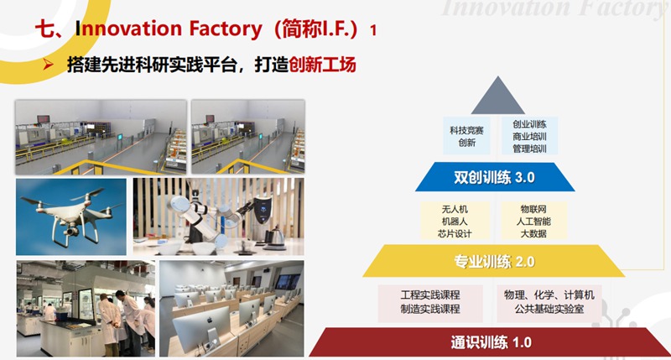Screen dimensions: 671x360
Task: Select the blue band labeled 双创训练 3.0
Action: [x=495, y=177]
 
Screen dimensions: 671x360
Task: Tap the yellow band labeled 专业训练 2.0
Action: [x=494, y=261]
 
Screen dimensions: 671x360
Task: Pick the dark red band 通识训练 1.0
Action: [x=491, y=342]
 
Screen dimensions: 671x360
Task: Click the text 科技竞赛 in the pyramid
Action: [x=466, y=130]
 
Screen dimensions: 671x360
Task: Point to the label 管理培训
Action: [x=530, y=149]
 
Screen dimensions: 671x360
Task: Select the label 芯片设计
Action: [x=455, y=233]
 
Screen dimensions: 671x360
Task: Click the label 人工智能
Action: [x=533, y=222]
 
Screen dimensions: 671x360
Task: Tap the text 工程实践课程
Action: [x=430, y=295]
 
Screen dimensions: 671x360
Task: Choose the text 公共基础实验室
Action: [x=549, y=309]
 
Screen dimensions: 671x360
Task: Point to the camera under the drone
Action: [x=72, y=231]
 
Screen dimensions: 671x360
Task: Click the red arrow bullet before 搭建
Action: [x=48, y=65]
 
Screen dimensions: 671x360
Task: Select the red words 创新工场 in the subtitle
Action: [x=322, y=65]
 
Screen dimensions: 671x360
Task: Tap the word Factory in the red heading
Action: [x=225, y=29]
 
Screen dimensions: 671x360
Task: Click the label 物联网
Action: [x=533, y=209]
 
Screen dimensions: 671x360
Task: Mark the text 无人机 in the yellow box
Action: [x=455, y=209]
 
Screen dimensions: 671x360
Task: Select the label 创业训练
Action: [x=530, y=124]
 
